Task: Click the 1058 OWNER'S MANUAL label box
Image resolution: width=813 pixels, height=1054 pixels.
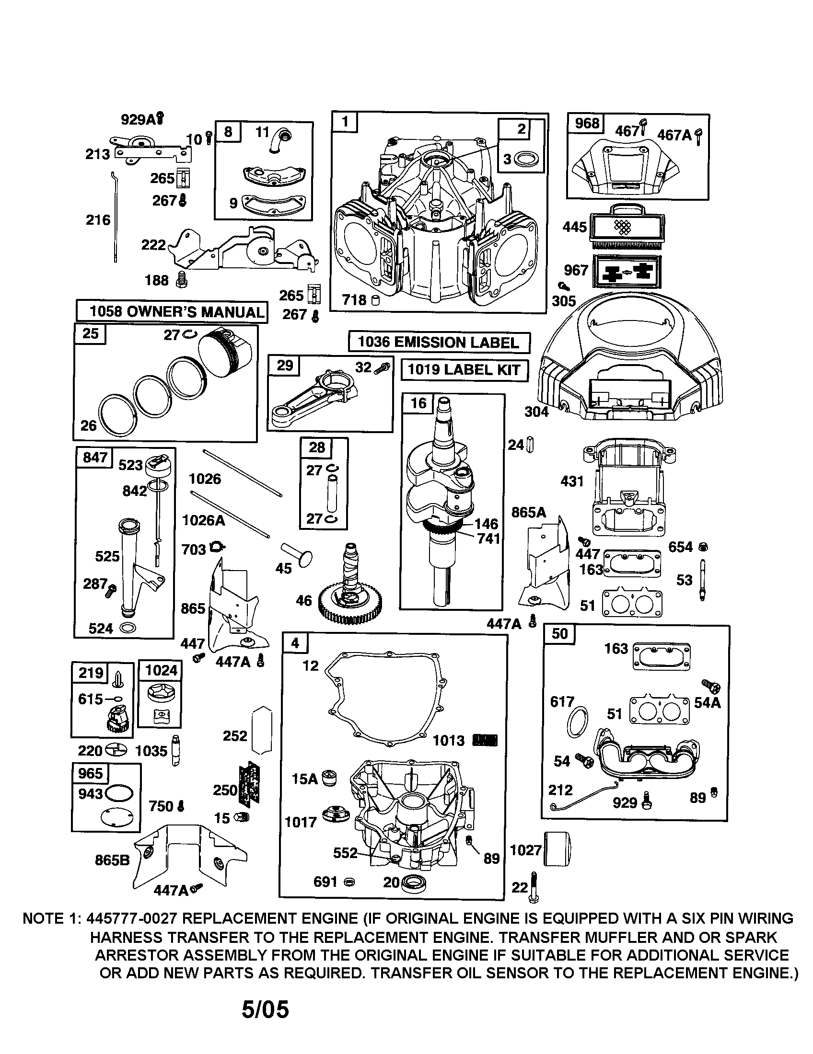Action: (172, 311)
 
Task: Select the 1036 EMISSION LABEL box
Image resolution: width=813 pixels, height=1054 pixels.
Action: (438, 342)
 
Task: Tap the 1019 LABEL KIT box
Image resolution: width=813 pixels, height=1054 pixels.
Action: (464, 370)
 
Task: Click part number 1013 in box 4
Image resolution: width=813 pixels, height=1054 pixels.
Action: (449, 740)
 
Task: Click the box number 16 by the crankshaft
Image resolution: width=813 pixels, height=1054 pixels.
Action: (418, 402)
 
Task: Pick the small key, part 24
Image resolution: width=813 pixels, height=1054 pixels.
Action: (530, 444)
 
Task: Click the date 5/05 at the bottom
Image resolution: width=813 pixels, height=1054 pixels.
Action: (265, 1009)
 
